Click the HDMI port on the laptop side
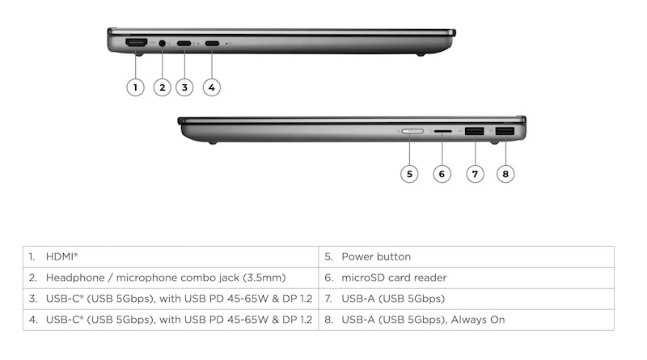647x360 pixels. coord(136,42)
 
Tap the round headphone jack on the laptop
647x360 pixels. coord(163,43)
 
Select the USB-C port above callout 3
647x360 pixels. coord(184,43)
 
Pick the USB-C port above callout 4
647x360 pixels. coord(212,43)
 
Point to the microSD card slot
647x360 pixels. coord(442,131)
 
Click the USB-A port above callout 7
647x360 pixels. coord(474,131)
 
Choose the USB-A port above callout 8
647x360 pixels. coord(505,131)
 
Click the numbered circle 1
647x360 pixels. coord(135,87)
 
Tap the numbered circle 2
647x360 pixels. coord(163,87)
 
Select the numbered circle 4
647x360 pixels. coord(212,87)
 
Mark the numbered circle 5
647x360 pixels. coord(409,174)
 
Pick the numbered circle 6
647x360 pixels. coord(442,174)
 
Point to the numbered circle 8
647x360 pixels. coord(505,174)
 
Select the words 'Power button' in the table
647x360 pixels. coord(376,256)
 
